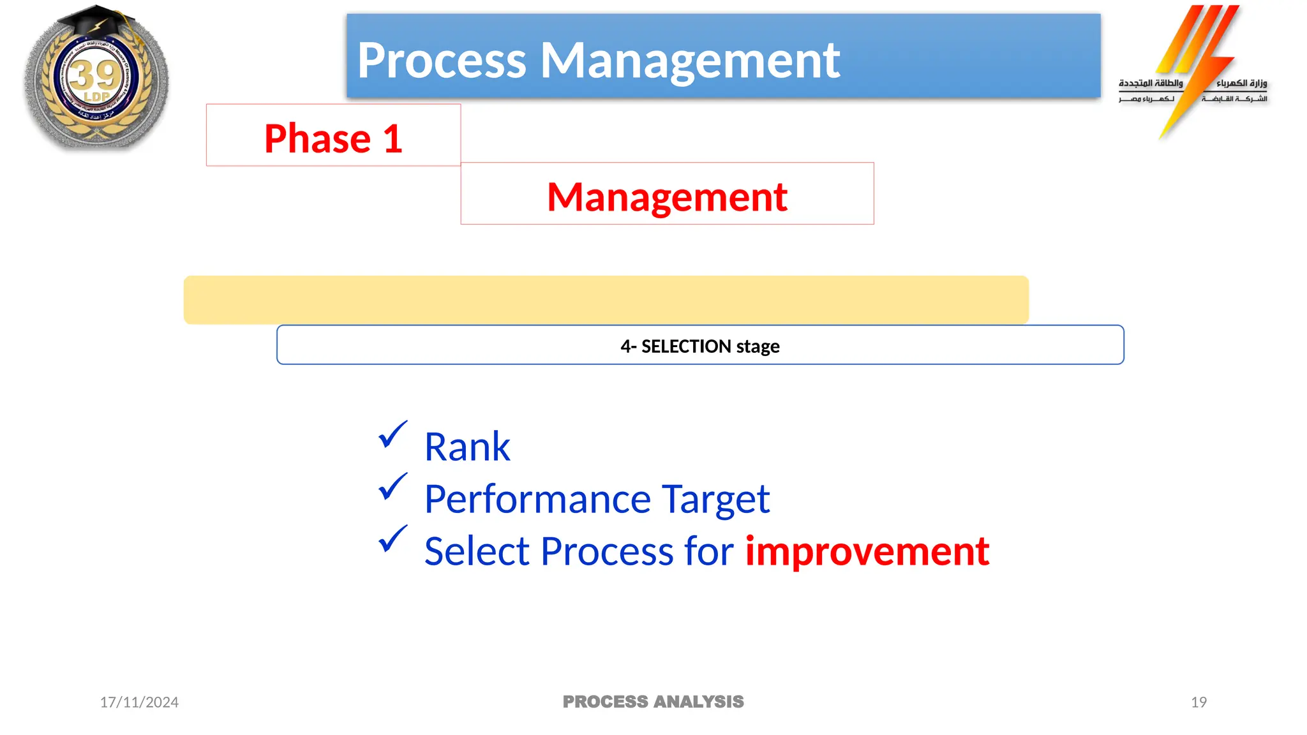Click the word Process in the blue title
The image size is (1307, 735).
[442, 61]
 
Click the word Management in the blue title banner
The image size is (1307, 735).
[691, 61]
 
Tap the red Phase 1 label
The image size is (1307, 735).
[333, 138]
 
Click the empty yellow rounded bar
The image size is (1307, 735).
[606, 300]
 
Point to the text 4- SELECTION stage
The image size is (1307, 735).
[700, 346]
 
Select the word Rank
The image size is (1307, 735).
[467, 447]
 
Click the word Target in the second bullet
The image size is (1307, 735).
[715, 499]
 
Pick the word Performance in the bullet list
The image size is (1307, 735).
[537, 499]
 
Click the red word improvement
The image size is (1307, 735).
[867, 551]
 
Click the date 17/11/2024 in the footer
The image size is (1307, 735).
[139, 702]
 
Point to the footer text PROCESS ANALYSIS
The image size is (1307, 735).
[653, 702]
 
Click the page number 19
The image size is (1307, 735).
[1199, 702]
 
